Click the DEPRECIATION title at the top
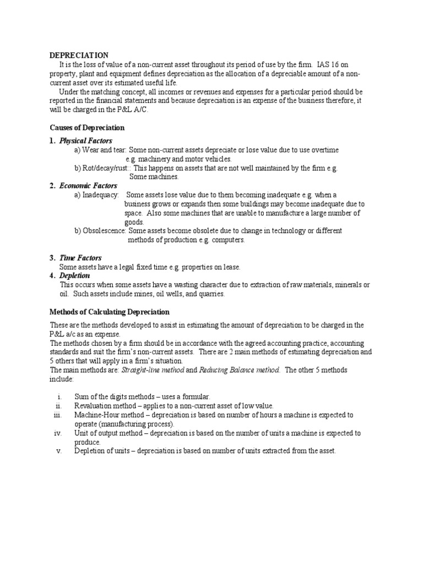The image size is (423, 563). click(79, 55)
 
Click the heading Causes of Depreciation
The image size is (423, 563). click(87, 128)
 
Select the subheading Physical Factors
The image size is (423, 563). click(85, 141)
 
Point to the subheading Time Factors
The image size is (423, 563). click(80, 258)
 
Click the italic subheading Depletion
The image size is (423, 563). click(74, 275)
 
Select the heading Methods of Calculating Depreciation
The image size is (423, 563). click(102, 312)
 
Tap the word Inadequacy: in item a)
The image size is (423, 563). click(100, 195)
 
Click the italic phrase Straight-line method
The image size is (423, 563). click(153, 370)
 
